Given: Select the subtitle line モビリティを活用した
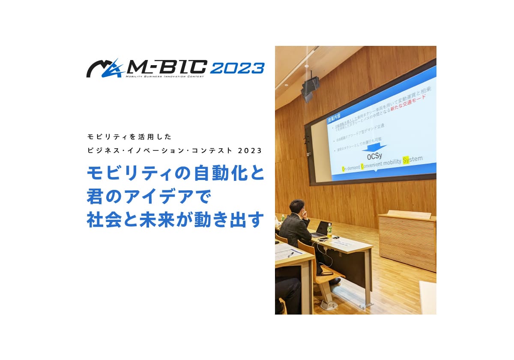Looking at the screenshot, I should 129,137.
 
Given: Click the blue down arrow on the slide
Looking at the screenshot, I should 374,148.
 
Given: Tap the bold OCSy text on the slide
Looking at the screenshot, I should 376,157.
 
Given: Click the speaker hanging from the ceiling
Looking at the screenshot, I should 310,88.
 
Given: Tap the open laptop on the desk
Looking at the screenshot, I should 321,230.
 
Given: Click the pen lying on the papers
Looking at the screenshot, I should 291,254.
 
